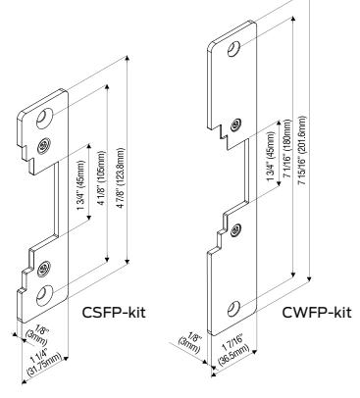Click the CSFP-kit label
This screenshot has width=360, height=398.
point(114,313)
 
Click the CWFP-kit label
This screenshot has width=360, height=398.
point(317,313)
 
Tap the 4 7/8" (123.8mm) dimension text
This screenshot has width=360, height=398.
point(121,178)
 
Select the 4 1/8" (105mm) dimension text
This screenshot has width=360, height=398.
point(102,178)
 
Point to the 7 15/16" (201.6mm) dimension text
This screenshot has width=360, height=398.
point(302,151)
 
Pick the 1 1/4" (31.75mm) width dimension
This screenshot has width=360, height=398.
point(44,362)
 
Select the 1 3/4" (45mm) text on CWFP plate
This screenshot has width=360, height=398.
point(271,157)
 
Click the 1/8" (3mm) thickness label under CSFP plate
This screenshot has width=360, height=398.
point(36,336)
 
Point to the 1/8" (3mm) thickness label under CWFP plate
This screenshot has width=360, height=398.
point(189,342)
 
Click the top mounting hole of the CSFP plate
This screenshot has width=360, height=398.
point(44,119)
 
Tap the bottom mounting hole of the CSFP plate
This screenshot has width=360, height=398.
point(44,296)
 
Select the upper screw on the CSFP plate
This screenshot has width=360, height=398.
point(43,145)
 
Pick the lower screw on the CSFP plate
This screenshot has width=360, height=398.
point(43,269)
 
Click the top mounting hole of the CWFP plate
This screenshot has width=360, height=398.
point(234,50)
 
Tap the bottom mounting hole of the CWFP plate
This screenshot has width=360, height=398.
point(233,309)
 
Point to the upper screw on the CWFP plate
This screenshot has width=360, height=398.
point(236,124)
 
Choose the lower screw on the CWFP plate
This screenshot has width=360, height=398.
point(235,230)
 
